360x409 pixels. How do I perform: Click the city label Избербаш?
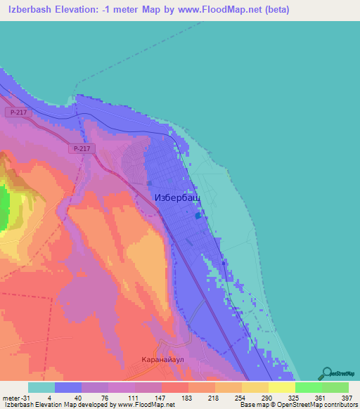(176, 199)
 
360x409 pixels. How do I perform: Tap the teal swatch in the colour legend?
(41, 387)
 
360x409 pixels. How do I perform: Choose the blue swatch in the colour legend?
(67, 387)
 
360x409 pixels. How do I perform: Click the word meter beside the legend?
(11, 398)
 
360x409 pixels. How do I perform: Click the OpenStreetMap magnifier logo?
(328, 372)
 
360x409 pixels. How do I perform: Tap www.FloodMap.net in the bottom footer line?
(137, 405)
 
